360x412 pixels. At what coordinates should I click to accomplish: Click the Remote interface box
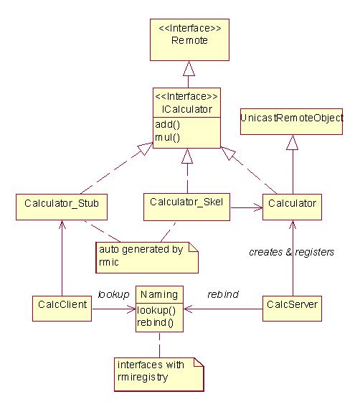coord(189,39)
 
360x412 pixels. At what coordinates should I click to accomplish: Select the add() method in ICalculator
coord(167,125)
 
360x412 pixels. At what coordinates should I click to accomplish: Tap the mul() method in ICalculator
coord(167,137)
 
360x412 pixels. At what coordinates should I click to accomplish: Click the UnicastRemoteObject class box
coord(291,121)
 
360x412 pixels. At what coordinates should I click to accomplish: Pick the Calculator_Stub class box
coord(62,207)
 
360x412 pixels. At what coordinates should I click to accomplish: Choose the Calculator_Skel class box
coord(186,207)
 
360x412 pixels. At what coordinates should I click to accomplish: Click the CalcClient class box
coord(62,309)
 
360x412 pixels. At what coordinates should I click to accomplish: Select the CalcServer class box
coord(292,309)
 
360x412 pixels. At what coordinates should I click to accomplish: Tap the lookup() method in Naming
coord(156,310)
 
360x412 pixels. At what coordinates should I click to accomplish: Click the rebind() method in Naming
coord(155,322)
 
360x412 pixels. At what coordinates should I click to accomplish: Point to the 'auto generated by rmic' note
coord(147,258)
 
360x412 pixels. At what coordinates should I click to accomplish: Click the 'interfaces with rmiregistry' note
coord(159,375)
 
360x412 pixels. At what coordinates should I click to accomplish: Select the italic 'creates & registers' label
coord(291,252)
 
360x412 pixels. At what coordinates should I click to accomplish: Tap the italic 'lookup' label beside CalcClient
coord(113,294)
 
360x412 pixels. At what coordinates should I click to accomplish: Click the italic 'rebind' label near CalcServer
coord(223,294)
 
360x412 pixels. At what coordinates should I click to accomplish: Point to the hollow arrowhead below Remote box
coord(189,69)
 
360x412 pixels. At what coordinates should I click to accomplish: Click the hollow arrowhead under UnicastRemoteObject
coord(293,142)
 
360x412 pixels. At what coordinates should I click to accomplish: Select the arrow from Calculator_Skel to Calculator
coord(247,208)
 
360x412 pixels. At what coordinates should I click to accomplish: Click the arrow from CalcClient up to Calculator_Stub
coord(62,258)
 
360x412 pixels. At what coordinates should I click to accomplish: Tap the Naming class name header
coord(159,294)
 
